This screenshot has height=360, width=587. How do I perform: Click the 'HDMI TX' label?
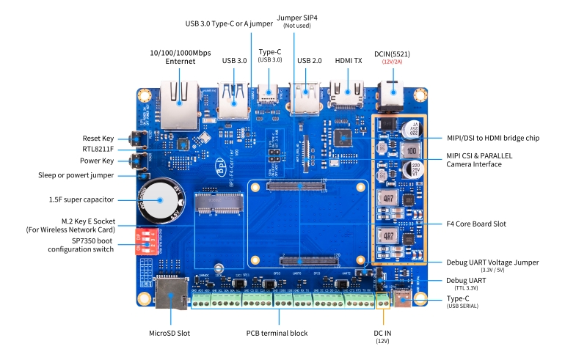point(349,61)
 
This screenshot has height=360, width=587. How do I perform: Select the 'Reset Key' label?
point(98,138)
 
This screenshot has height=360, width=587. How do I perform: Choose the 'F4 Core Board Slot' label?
point(476,224)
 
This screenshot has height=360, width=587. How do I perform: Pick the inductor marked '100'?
point(411,150)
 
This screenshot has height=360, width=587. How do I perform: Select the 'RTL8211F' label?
point(98,149)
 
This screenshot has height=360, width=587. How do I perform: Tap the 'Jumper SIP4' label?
point(297,18)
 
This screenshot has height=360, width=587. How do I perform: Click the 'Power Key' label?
point(97,161)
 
